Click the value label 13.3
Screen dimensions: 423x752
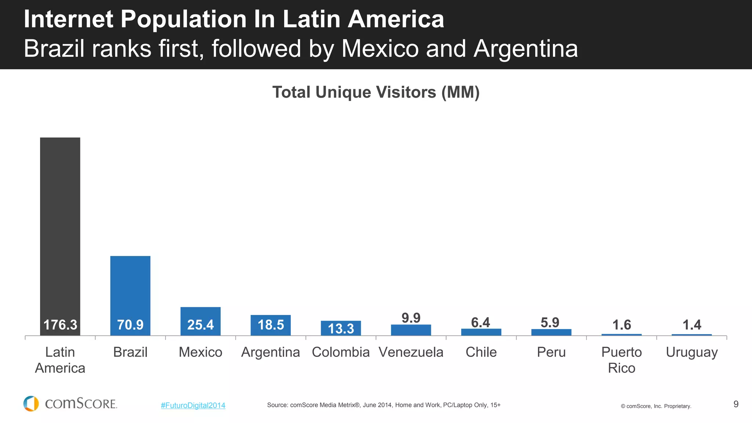click(x=341, y=329)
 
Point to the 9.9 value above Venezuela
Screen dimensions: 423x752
click(x=411, y=318)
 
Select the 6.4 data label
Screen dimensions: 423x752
click(x=481, y=322)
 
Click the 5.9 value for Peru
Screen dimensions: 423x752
click(x=550, y=322)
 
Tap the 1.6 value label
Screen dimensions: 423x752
click(x=622, y=325)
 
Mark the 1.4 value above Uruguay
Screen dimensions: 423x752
click(x=692, y=325)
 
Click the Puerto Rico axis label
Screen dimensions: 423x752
click(x=621, y=360)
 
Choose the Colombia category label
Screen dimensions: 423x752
click(x=341, y=352)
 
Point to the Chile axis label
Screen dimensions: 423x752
click(x=481, y=352)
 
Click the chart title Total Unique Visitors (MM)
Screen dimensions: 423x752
click(x=376, y=92)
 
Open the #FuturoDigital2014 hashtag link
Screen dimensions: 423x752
click(x=193, y=405)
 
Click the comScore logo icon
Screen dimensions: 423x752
click(x=31, y=404)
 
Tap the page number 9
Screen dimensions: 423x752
click(x=736, y=404)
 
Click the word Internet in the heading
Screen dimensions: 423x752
click(x=68, y=19)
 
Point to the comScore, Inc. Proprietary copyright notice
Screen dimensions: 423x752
click(x=656, y=406)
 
